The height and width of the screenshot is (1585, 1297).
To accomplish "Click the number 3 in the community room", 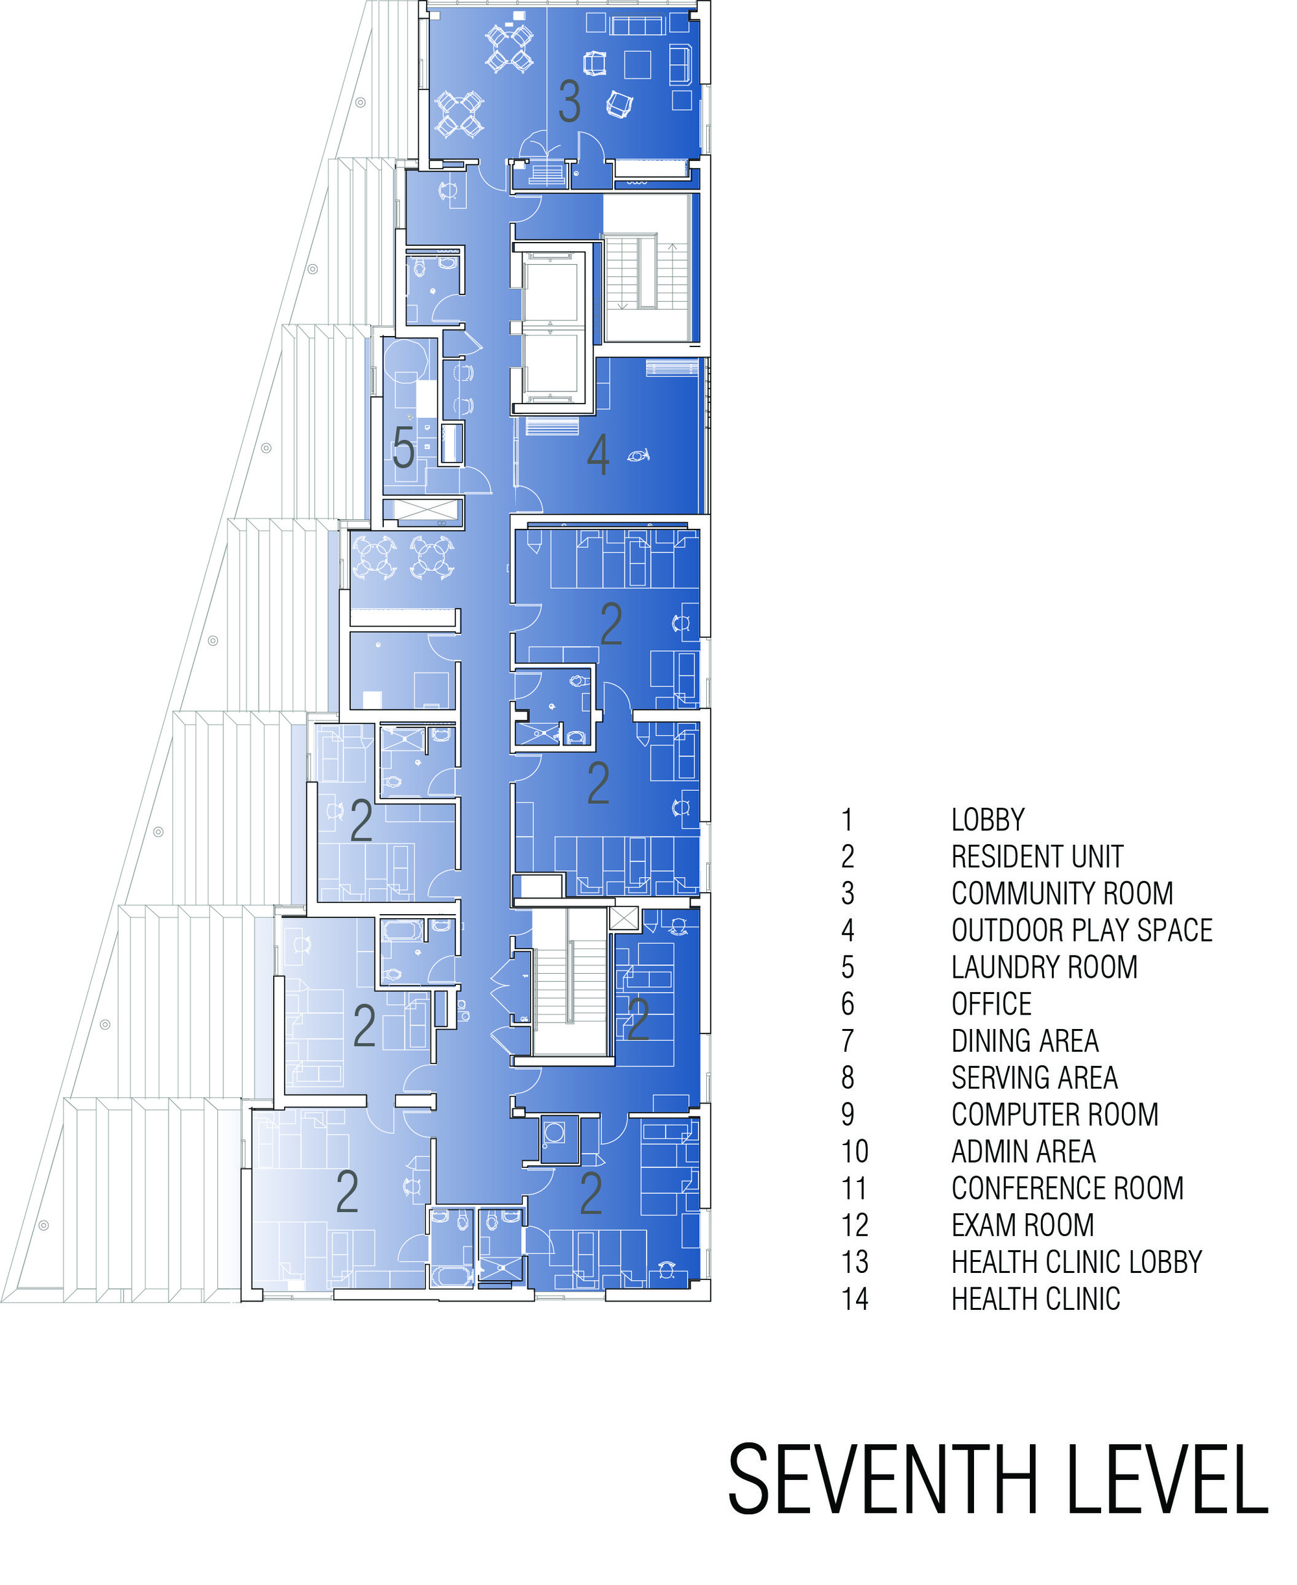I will click(x=569, y=102).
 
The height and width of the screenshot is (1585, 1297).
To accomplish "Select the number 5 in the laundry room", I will click(x=403, y=448).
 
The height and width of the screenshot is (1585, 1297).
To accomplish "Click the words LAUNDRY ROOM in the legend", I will click(x=1043, y=967).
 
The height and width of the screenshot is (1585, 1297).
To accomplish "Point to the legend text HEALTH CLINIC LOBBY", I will click(x=1077, y=1262).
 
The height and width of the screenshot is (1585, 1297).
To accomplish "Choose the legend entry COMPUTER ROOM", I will click(x=1054, y=1114).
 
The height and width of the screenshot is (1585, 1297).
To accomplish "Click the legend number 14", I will click(x=855, y=1299).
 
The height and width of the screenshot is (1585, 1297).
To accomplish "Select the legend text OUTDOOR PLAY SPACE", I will click(x=1081, y=930).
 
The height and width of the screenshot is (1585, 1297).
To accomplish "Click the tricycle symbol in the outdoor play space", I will click(x=639, y=454).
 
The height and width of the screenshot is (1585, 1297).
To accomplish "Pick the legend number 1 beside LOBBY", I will click(x=847, y=820).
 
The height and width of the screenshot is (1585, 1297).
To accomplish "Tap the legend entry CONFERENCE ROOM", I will click(x=1067, y=1188).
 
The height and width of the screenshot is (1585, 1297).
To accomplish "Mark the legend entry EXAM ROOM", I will click(x=1022, y=1225).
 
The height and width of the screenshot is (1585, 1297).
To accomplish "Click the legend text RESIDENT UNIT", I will click(x=1037, y=856).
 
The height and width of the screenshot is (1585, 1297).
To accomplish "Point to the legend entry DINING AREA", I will click(x=1024, y=1041).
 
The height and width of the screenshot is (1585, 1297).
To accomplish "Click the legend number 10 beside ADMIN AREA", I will click(x=855, y=1152).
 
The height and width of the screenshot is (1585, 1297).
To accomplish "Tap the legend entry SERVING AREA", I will click(x=1034, y=1078).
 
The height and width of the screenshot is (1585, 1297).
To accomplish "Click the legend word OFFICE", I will click(x=992, y=1004).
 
